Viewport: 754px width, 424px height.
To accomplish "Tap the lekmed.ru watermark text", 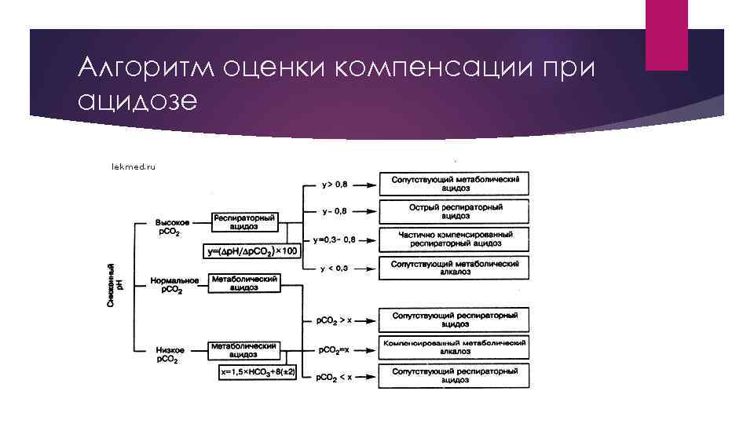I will [134, 166].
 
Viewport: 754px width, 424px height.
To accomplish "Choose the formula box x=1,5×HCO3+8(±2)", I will [258, 372].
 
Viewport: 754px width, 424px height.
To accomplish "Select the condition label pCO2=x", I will [333, 349].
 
